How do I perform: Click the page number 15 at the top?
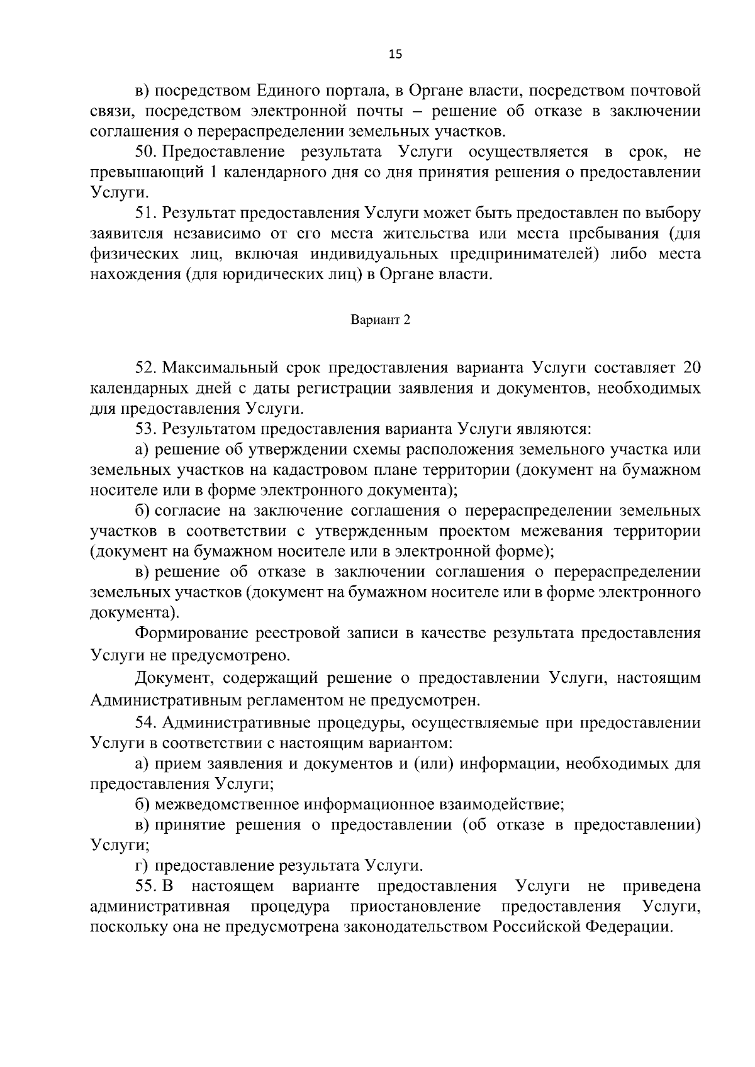[395, 54]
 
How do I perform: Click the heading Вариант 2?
[381, 320]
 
